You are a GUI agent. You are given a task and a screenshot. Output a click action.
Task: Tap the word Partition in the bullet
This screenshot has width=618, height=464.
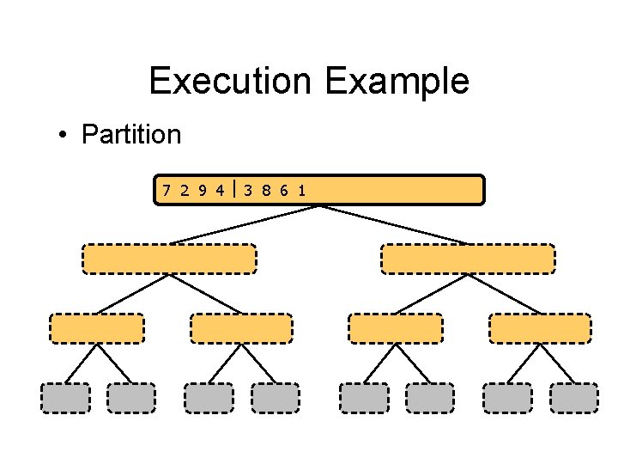131,135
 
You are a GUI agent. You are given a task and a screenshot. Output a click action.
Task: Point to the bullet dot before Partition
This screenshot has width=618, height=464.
64,136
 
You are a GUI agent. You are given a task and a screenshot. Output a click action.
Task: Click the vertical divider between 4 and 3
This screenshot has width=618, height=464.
233,190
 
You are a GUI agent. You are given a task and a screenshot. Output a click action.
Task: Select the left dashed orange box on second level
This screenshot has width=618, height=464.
169,259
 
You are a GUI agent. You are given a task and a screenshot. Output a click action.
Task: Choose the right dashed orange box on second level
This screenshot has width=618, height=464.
468,259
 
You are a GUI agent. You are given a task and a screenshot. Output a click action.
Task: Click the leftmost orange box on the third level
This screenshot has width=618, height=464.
97,328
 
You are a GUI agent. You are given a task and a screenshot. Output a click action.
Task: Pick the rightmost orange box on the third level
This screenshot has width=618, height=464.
540,328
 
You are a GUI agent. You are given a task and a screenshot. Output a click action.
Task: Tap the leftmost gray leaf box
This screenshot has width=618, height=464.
65,398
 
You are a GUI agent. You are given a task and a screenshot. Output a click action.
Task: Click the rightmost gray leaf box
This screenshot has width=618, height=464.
573,398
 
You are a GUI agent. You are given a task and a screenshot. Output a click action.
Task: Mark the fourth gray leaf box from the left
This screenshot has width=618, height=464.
275,398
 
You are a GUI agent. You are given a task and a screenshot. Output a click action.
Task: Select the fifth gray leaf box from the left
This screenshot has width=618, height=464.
363,398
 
